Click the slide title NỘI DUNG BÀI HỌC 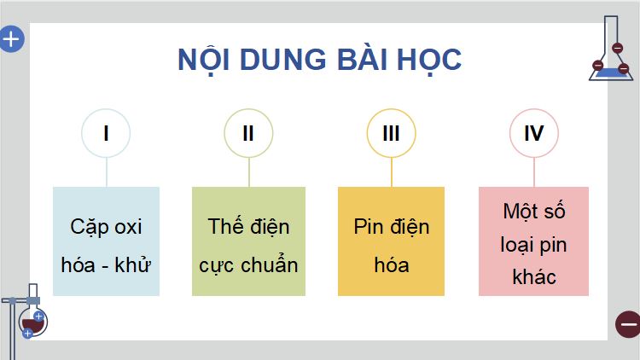coord(319,60)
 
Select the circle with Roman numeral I coord(106,133)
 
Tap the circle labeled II coord(248,133)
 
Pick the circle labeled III coord(392,133)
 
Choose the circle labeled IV coord(534,133)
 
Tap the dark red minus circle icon coord(627,324)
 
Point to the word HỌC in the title coord(428,60)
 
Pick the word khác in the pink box coord(534,276)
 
